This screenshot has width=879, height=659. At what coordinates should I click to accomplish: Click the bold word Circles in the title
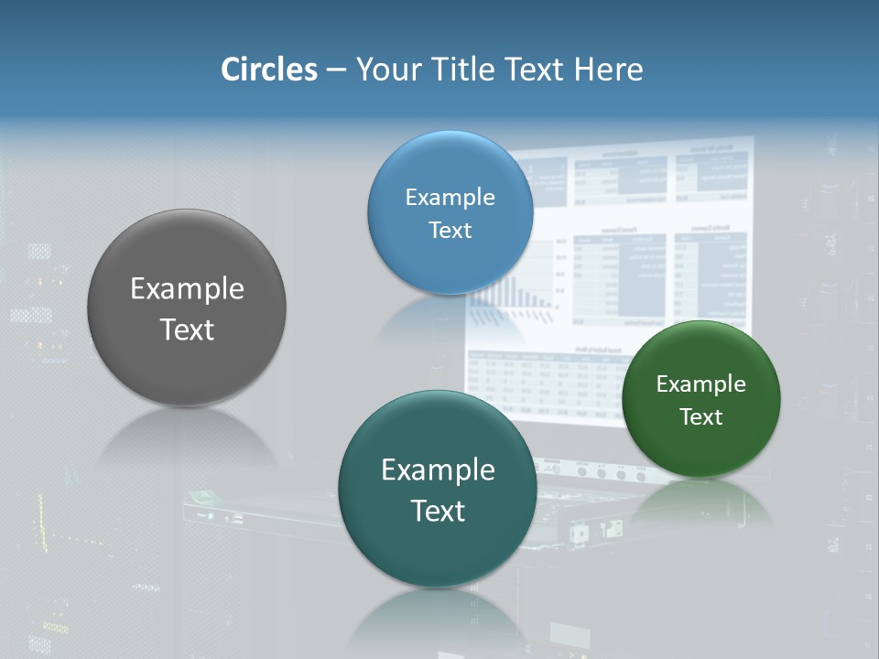[268, 70]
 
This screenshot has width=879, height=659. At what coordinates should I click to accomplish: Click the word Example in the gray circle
[187, 288]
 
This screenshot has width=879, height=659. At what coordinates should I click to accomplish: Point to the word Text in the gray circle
[187, 329]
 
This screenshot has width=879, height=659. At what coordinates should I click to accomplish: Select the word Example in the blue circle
[450, 197]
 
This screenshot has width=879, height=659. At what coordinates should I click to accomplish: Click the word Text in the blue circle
[450, 230]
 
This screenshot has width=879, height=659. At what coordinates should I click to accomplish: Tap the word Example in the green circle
[700, 384]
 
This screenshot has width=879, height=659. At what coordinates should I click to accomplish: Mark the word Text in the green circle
[700, 416]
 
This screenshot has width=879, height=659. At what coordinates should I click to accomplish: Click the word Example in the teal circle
[438, 470]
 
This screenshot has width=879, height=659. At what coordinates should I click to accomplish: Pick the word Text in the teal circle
[438, 511]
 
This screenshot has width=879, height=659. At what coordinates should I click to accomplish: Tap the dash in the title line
[336, 70]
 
